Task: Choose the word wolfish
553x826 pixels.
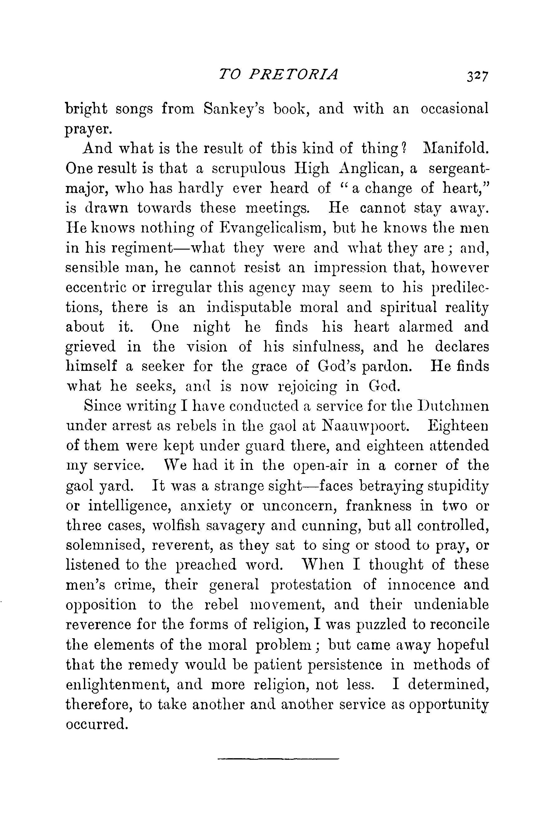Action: (174, 525)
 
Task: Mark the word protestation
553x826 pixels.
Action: (311, 585)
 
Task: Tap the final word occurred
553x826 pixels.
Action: (96, 724)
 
